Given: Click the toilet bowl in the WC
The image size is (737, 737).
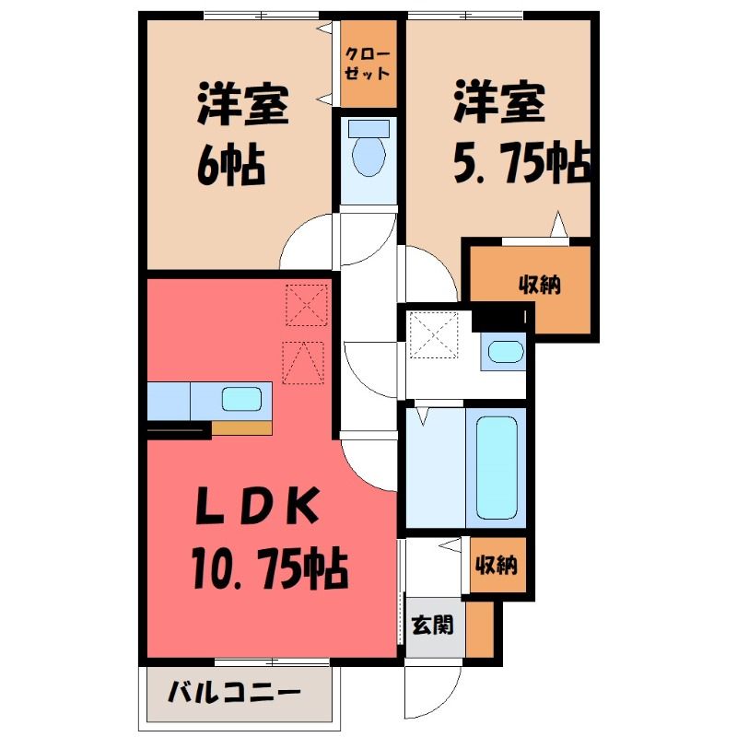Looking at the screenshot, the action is click(x=369, y=156).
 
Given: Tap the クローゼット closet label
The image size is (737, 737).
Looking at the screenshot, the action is click(x=368, y=64).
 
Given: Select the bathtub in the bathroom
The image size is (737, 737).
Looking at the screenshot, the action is click(x=497, y=468).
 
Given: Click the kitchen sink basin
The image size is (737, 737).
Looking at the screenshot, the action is click(x=241, y=399).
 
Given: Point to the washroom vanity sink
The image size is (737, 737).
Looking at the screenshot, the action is click(x=505, y=352).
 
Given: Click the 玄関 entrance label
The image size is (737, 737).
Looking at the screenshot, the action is click(x=432, y=626).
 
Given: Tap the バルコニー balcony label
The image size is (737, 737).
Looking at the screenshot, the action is click(x=234, y=692).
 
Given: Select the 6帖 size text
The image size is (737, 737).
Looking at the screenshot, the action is click(x=231, y=166).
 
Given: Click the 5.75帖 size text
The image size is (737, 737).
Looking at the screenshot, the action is click(x=521, y=162).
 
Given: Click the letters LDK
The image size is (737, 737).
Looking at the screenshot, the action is click(x=258, y=508).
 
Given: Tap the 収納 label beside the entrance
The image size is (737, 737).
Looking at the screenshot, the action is click(x=497, y=565).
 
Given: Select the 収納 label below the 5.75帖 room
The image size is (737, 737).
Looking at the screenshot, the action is click(x=540, y=285).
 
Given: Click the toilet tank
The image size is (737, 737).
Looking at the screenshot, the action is click(x=369, y=128).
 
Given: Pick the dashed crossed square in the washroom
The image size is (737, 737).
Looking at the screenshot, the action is click(x=434, y=335).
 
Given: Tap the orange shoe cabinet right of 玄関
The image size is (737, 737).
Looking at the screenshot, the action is click(x=480, y=629).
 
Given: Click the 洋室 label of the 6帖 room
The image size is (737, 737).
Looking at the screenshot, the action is click(x=242, y=103).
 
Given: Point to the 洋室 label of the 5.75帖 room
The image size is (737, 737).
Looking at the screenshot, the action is click(x=499, y=101).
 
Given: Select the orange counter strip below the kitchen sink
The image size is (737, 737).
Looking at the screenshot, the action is click(x=241, y=427).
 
